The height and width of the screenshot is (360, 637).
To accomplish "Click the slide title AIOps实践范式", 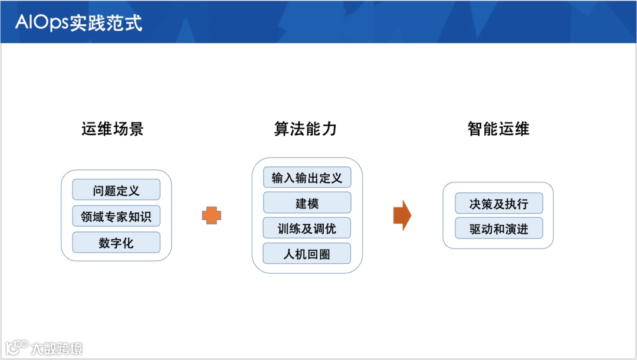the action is point(79,22).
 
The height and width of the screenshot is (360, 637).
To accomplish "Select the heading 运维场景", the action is point(113,129).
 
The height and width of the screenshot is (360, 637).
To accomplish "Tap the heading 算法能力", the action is point(306,129).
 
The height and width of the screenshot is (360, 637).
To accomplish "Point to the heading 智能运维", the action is point(498,129).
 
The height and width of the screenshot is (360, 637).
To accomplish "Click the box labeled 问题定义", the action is point(116,190).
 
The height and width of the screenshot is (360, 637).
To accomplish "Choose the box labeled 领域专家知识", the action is point(116,217).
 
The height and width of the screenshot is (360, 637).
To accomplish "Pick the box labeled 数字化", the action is point(116,243).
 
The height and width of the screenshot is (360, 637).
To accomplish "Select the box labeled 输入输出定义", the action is point(307,178).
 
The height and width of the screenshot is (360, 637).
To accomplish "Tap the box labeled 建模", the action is point(307,203).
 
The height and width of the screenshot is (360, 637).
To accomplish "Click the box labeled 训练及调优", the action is point(307,228).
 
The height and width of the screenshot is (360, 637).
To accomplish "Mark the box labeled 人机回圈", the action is point(307,254).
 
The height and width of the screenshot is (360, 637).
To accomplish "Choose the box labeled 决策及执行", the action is point(498,204).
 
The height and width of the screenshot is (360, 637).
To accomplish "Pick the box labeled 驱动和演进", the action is point(498,229).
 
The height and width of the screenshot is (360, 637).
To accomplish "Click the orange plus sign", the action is point(211,215).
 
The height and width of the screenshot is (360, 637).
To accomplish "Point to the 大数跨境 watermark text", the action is point(57,348).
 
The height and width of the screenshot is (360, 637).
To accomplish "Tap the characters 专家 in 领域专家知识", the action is point(116,217).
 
